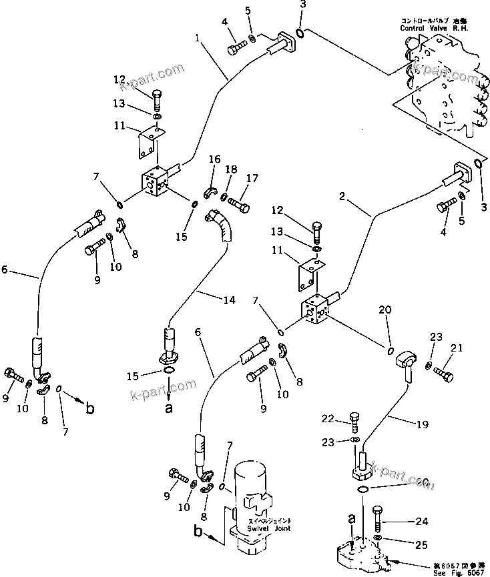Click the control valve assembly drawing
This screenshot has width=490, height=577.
[444, 87]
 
